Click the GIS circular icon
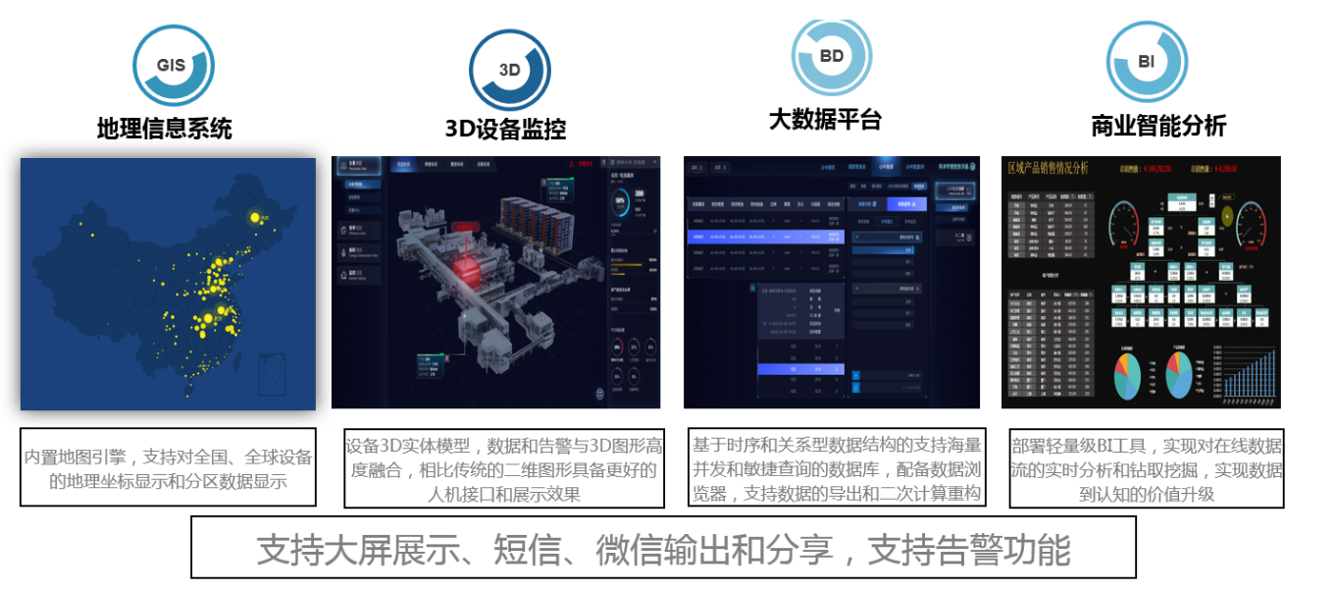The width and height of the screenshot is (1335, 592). (173, 66)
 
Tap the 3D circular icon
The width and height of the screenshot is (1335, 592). (509, 70)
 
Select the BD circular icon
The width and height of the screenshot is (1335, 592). (832, 56)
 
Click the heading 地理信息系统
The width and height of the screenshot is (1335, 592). (165, 128)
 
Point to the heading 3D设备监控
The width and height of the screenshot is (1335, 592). (505, 129)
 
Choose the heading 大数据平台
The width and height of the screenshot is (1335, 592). (825, 119)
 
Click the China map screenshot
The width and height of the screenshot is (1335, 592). (168, 284)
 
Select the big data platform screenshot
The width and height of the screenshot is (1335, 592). (831, 282)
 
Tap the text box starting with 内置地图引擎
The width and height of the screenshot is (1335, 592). (168, 467)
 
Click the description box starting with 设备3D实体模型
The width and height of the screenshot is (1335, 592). (504, 468)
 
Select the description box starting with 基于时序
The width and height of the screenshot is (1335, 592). (837, 467)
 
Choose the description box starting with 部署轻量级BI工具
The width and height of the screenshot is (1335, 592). (1146, 469)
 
